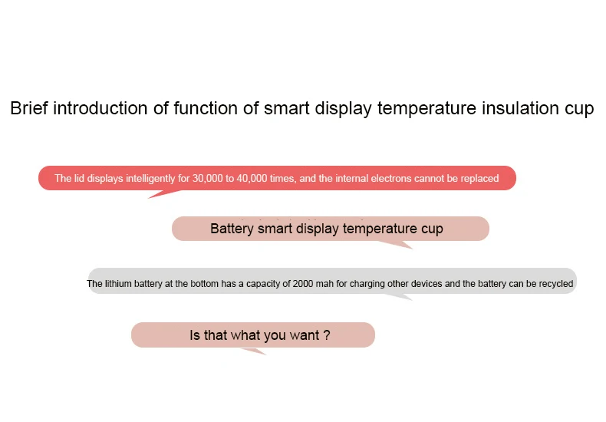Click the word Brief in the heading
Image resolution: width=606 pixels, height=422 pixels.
[28, 108]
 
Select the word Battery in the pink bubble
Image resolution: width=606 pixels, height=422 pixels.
[232, 229]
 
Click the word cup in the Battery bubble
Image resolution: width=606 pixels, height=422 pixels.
[432, 229]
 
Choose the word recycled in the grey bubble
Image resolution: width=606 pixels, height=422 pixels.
[556, 284]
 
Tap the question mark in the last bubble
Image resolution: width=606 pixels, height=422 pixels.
[327, 335]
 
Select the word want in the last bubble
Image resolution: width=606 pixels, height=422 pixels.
[305, 335]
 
